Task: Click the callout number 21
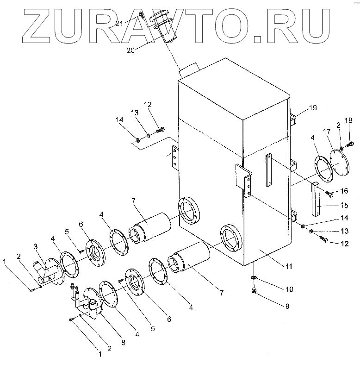[132, 23]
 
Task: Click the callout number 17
[328, 132]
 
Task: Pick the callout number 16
[344, 191]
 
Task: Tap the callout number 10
[288, 289]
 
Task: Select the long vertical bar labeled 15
[316, 199]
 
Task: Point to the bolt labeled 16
[329, 193]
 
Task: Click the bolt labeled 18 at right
[350, 144]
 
